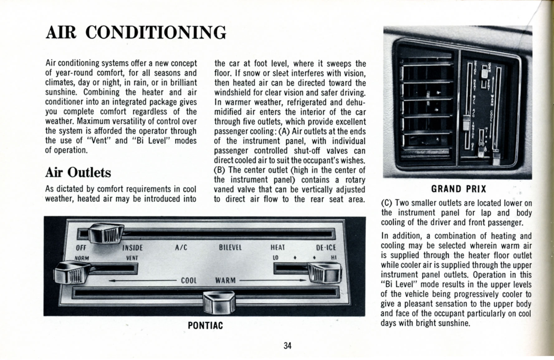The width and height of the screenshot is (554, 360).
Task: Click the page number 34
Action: pos(287,346)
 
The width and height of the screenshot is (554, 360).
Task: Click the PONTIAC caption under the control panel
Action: pos(205,326)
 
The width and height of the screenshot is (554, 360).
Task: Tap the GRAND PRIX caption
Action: pos(458,189)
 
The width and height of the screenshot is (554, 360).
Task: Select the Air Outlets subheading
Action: pos(78,173)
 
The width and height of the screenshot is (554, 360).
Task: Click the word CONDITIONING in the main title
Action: pos(155,33)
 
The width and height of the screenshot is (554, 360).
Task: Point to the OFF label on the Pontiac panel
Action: pos(81,248)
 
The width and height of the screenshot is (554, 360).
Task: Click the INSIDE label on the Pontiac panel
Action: pos(132,248)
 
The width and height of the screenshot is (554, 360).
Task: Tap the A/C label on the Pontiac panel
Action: pos(181,248)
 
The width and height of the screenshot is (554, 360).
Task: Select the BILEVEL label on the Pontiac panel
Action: pos(230,248)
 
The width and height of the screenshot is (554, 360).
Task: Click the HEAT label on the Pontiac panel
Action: pos(278,248)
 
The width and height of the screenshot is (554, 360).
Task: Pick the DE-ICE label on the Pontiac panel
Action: pos(326,248)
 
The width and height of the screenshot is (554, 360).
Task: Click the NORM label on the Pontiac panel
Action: pos(82,258)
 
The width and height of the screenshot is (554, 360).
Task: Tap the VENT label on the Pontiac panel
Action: pos(132,258)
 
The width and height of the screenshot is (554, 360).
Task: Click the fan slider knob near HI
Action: pos(325,272)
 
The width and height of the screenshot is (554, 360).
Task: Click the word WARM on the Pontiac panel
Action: pos(225,280)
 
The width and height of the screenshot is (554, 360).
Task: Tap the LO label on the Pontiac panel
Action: pos(275,258)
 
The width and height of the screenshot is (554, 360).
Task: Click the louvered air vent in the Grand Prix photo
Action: pos(426,106)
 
